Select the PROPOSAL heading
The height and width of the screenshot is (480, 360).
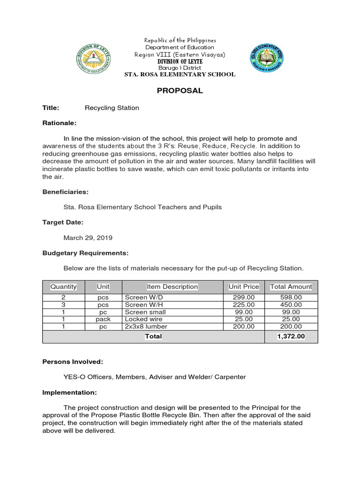point(180,91)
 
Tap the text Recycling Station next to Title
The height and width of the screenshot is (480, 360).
point(112,108)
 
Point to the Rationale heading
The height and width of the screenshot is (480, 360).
point(59,123)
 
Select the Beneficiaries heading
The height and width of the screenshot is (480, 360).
point(65,192)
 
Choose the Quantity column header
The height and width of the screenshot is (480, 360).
point(63,286)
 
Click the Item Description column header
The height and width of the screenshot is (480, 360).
point(172,286)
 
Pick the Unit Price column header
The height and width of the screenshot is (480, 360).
point(244,286)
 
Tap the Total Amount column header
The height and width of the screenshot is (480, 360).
point(291,286)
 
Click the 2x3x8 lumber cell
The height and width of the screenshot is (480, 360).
point(146,326)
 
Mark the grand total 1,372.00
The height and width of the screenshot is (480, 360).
point(291,336)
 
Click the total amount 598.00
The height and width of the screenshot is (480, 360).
point(291,297)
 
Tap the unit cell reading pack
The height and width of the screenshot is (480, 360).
point(103,319)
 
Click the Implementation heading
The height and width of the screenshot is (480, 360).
point(69,392)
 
